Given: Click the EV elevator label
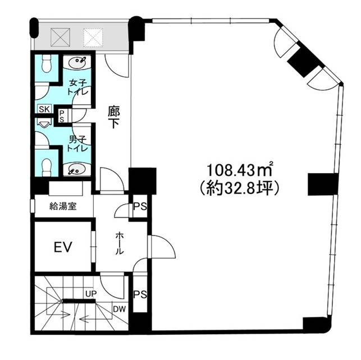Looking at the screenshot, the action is click(63, 247).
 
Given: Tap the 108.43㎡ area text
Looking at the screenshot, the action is click(240, 170).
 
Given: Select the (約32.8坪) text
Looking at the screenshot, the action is click(240, 188).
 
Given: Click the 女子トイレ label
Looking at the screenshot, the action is click(77, 87).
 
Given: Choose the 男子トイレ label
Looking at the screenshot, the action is click(77, 144).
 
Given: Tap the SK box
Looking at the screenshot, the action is click(44, 109).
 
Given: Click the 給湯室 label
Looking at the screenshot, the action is click(63, 206).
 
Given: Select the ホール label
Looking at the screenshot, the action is click(119, 243).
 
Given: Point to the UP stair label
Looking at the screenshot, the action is click(91, 293).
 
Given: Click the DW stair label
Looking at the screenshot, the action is click(119, 309).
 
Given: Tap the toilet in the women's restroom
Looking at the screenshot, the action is click(47, 64).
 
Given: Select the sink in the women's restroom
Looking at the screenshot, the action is click(77, 62).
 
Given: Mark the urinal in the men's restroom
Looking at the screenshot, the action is click(44, 124).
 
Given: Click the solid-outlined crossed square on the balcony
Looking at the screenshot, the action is click(60, 37).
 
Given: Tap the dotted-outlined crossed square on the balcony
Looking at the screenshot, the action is click(93, 37).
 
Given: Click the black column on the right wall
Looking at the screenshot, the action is click(322, 184).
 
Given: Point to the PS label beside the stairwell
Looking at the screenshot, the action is click(140, 294).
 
